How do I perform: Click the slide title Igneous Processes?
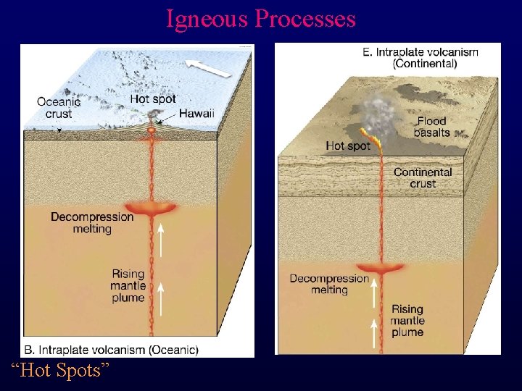(261, 18)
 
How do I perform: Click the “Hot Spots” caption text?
(60, 371)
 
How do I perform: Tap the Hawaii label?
(196, 114)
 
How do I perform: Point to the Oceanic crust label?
(59, 108)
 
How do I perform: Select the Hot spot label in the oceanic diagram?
(153, 98)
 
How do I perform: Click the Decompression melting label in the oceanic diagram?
(92, 222)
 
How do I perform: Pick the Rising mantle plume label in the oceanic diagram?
(128, 286)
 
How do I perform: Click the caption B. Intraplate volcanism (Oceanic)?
(111, 350)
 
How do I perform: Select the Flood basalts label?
(431, 126)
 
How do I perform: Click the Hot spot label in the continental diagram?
(347, 146)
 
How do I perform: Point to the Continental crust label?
(423, 177)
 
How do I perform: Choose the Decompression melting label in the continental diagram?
(329, 284)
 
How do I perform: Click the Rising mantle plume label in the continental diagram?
(407, 320)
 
